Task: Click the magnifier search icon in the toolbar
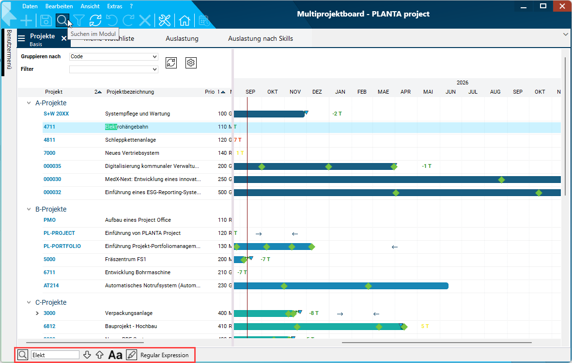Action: click(62, 20)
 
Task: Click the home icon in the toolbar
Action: click(184, 20)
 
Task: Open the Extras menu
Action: click(115, 6)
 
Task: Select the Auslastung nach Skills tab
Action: click(261, 38)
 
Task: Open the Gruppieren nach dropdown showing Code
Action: click(114, 56)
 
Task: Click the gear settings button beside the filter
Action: click(191, 63)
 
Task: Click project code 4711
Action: click(49, 127)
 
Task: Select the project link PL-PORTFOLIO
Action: click(62, 246)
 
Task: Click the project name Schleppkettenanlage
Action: click(130, 140)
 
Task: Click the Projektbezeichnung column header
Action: click(130, 92)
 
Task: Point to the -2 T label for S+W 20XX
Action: click(337, 114)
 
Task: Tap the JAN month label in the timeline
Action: click(340, 92)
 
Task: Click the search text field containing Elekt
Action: click(55, 355)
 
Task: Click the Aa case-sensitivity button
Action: click(115, 355)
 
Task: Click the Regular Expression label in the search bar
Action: click(164, 355)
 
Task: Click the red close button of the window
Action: click(562, 6)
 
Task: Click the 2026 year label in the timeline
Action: click(463, 82)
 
